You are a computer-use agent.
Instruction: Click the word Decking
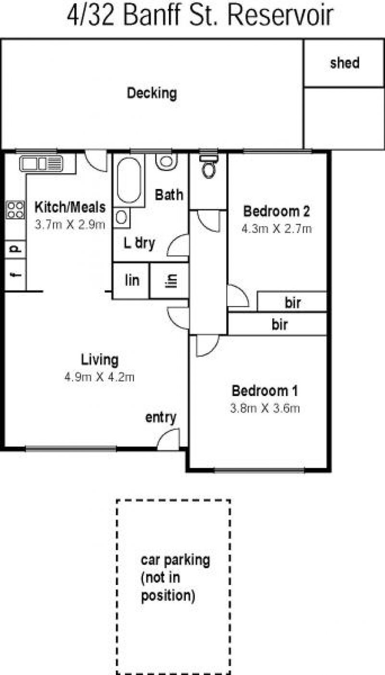[152, 93]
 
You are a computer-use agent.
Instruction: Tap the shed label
[345, 63]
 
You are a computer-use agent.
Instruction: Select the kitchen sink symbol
[41, 164]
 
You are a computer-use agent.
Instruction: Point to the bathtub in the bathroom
[129, 180]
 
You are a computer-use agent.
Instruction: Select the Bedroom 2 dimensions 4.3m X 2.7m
[276, 229]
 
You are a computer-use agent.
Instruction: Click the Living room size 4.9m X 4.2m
[99, 377]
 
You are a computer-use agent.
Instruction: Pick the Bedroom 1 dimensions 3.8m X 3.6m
[265, 408]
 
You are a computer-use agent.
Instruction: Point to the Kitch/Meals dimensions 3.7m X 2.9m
[70, 225]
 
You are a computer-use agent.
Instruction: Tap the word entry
[161, 418]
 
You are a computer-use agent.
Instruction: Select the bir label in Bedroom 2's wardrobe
[293, 303]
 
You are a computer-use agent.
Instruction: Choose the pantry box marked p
[15, 249]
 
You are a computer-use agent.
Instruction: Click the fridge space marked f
[15, 275]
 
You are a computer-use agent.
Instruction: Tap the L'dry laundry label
[139, 243]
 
